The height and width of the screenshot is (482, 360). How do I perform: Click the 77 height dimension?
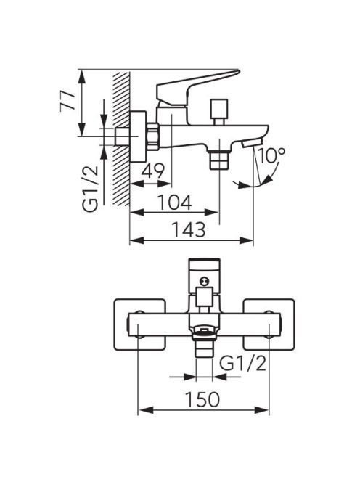tap(67, 101)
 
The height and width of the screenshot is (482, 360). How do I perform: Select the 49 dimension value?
tap(153, 171)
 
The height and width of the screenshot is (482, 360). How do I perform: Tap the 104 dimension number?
tap(175, 202)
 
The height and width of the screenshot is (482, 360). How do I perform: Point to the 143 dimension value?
tap(188, 229)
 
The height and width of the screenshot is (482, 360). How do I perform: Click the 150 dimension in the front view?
tap(203, 399)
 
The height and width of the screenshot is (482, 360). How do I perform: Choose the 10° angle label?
tap(271, 155)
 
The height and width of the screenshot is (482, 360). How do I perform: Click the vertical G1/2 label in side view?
tap(91, 189)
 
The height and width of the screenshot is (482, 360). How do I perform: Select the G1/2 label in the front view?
tap(243, 364)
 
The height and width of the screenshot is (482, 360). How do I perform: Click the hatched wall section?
tap(121, 139)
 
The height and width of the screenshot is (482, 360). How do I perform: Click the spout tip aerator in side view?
tap(252, 142)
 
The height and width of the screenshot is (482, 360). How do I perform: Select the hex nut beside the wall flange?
tap(152, 136)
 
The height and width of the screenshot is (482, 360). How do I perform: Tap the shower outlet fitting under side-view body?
tap(219, 159)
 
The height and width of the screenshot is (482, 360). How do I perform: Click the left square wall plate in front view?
tap(140, 324)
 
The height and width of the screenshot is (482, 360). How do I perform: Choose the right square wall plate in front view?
tap(269, 324)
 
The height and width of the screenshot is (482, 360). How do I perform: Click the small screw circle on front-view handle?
tap(204, 280)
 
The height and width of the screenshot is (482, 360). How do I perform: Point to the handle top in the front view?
tap(205, 266)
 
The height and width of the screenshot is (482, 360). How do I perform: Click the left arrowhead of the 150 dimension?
tap(146, 409)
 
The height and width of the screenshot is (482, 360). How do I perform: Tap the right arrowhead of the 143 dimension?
tap(246, 240)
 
